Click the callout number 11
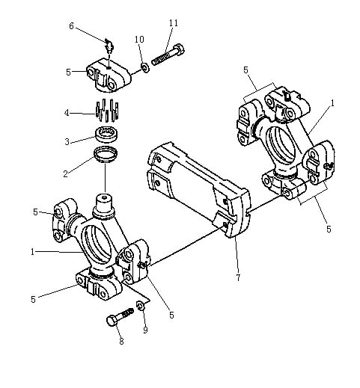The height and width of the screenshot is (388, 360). [x=174, y=23]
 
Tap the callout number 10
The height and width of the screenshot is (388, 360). [x=139, y=39]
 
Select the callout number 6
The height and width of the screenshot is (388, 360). [x=71, y=25]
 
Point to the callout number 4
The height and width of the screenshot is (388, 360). [x=67, y=113]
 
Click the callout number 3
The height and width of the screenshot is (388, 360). [x=67, y=141]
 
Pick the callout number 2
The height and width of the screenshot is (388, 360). [x=65, y=173]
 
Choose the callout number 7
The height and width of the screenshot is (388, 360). [x=238, y=277]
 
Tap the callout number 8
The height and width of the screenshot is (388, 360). [x=121, y=341]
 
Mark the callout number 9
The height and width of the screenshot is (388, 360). [x=145, y=330]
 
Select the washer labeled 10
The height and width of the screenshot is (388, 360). [x=144, y=67]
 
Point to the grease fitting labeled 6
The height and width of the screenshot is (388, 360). [x=109, y=46]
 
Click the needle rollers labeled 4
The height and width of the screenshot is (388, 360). [x=107, y=110]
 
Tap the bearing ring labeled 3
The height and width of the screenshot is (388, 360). [x=107, y=135]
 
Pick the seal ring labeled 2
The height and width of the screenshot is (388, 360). [x=106, y=155]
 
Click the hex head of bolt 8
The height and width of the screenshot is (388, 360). [x=112, y=321]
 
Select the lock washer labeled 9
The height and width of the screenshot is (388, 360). [x=140, y=306]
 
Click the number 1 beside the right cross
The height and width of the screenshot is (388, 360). [x=332, y=102]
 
